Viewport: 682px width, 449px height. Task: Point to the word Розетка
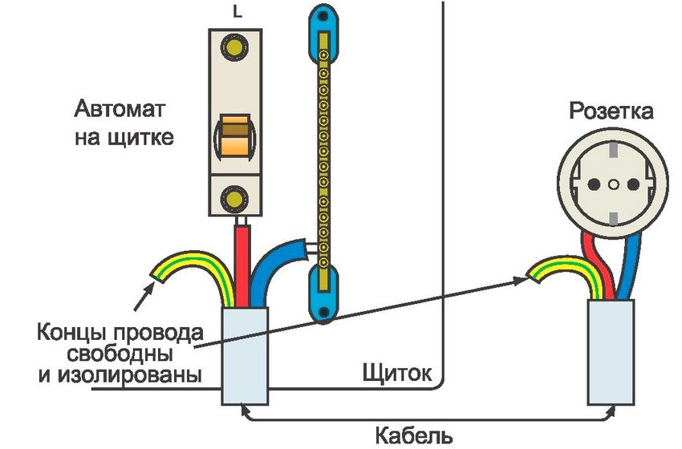click(x=611, y=111)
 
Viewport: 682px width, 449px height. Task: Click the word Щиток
click(x=397, y=374)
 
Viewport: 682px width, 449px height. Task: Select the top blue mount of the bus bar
click(x=323, y=32)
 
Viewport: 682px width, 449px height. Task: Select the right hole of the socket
click(x=631, y=184)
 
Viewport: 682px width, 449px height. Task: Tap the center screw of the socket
click(x=613, y=184)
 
